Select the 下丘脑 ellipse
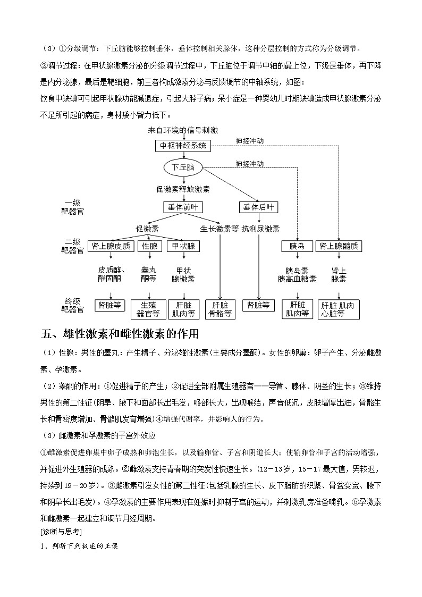(183, 167)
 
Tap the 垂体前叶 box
(183, 207)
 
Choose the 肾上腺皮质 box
(111, 246)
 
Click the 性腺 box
(150, 246)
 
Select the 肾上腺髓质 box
(339, 246)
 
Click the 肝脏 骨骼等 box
(220, 309)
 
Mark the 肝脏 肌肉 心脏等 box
(339, 309)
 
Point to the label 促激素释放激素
(183, 189)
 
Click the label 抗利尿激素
(260, 229)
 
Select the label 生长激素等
(219, 229)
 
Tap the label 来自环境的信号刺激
(183, 130)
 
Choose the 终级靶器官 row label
(72, 305)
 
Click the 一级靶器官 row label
(72, 207)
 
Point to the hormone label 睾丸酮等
(149, 274)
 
